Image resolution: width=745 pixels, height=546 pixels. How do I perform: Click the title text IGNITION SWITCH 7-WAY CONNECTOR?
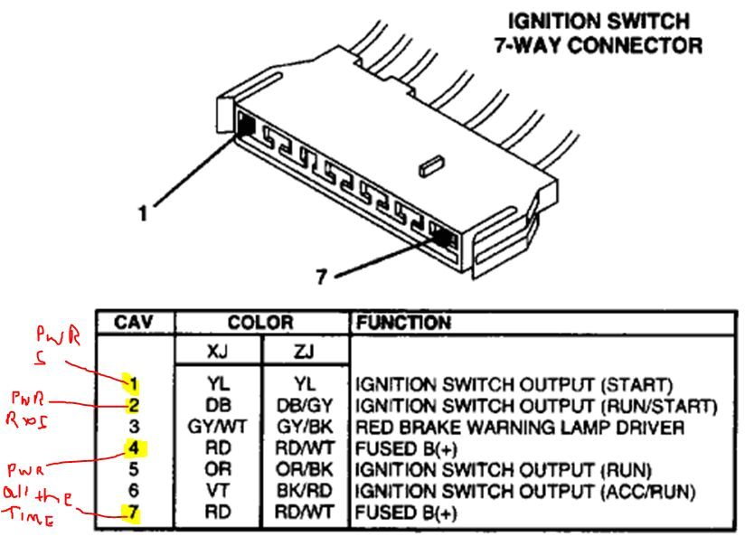pos(598,33)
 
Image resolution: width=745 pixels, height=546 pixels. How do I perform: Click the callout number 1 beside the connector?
pos(141,213)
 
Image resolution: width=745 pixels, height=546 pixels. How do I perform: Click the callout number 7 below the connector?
pos(321,277)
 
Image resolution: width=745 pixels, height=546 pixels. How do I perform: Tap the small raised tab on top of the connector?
pos(429,165)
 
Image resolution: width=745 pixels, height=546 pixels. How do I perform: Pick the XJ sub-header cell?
pos(217,350)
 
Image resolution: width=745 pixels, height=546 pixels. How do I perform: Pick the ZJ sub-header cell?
pos(305,350)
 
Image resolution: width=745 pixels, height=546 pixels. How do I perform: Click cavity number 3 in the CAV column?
pos(132,426)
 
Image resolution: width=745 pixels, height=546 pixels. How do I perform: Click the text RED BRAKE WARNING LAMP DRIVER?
pos(521,426)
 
